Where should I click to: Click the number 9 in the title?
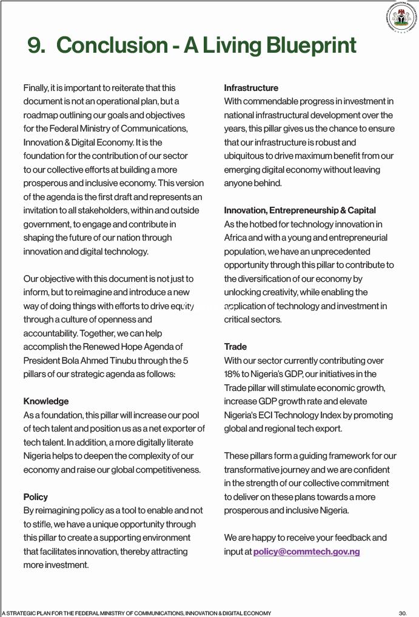tap(36, 45)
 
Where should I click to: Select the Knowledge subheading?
tap(46, 401)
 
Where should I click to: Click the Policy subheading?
tap(36, 497)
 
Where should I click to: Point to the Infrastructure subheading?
tap(251, 88)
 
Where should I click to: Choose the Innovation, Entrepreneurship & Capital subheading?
tap(300, 211)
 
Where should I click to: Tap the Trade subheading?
tap(235, 347)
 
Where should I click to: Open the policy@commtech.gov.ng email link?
tap(306, 552)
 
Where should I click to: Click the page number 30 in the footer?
tap(403, 613)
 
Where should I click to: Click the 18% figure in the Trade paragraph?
tap(233, 374)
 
